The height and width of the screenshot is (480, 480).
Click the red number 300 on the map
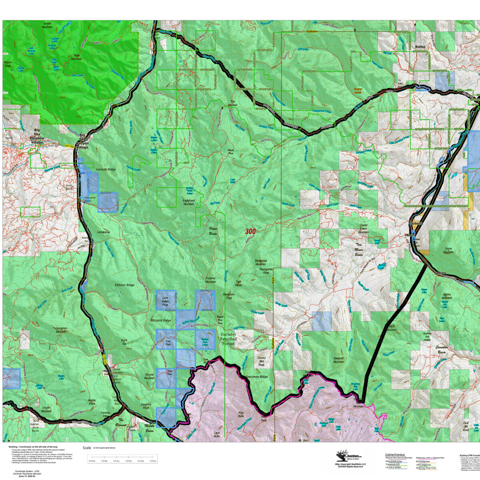pyautogui.click(x=250, y=232)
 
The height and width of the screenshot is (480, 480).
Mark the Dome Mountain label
pyautogui.click(x=448, y=251)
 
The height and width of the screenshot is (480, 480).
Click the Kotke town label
pyautogui.click(x=420, y=47)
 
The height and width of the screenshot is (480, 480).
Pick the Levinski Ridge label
pyautogui.click(x=106, y=170)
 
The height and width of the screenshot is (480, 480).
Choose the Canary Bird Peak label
pyautogui.click(x=262, y=362)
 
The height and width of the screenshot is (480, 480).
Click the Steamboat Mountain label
pyautogui.click(x=260, y=262)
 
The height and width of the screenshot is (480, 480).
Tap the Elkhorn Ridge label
pyautogui.click(x=124, y=285)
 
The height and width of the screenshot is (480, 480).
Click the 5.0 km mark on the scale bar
pyautogui.click(x=152, y=461)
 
